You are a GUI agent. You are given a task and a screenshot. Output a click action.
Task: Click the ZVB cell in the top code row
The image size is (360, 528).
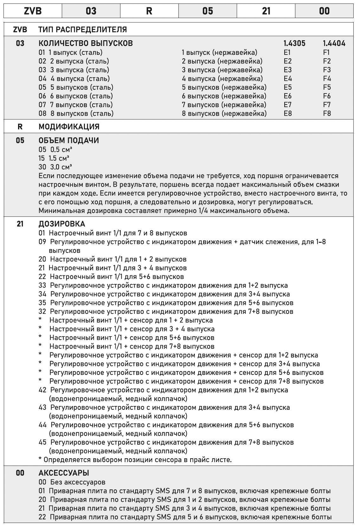point(33,11)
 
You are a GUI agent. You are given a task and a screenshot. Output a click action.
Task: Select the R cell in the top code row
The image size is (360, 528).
point(149,11)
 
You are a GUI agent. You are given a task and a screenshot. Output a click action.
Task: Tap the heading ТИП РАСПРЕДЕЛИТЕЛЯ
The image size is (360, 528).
point(82,30)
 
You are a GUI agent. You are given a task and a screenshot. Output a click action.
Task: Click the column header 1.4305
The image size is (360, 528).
point(294,43)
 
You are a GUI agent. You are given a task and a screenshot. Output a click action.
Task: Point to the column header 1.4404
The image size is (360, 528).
point(334,43)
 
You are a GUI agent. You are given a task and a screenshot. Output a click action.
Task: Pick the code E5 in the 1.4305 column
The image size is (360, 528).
point(288,87)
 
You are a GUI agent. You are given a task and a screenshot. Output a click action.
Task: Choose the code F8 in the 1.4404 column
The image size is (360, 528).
point(327,113)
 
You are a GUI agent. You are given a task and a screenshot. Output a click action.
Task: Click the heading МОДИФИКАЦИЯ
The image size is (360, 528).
point(69,127)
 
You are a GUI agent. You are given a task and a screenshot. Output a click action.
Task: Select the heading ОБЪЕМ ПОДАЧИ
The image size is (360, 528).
point(68,140)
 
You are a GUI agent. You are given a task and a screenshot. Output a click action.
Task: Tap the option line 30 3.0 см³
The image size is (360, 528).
point(55,167)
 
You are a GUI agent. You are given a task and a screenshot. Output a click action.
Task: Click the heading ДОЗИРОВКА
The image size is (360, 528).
point(62,224)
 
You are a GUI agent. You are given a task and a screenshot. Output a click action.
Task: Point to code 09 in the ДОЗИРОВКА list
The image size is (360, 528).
point(42,242)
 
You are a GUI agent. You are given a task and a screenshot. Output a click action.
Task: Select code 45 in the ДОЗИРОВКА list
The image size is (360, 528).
point(42,442)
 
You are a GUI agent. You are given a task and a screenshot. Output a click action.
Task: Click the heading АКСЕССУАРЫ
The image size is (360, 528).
point(64,473)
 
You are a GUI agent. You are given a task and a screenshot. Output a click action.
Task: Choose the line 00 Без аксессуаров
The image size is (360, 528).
point(72,482)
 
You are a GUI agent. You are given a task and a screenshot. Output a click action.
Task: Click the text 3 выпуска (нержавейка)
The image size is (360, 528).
point(222,70)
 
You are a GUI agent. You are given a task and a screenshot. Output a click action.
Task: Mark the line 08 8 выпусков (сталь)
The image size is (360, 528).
point(76,113)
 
